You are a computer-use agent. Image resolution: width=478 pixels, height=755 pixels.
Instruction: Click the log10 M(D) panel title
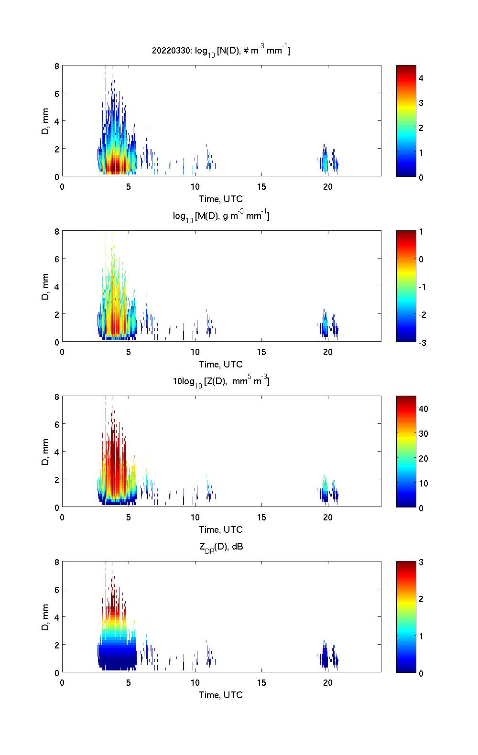221,216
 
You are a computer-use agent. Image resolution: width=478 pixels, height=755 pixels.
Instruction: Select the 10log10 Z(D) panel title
221,381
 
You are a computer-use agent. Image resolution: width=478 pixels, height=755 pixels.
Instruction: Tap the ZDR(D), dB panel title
221,547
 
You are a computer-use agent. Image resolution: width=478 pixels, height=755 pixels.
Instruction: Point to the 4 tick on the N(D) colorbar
421,78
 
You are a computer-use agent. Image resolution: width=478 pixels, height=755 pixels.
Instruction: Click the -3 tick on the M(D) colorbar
421,343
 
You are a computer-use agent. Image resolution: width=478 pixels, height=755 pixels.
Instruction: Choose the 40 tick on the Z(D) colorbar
423,409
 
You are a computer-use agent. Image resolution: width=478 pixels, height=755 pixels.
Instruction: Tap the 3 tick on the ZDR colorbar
421,562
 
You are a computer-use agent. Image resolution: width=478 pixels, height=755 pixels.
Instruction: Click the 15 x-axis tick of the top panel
261,186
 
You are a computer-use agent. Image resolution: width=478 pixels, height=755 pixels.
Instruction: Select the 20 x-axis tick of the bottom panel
328,682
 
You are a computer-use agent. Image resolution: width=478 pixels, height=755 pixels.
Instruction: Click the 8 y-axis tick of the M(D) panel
57,231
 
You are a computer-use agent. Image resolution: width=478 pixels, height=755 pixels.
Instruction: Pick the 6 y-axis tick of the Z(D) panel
57,424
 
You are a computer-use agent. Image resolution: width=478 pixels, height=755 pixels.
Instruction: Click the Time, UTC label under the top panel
221,199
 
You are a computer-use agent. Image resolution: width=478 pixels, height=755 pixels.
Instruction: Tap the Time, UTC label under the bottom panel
221,695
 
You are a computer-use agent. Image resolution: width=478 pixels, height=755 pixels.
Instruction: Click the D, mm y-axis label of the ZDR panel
45,617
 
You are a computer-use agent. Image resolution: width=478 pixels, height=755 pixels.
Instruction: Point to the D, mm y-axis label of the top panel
45,121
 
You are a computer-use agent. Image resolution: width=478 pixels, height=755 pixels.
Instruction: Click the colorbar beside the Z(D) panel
406,451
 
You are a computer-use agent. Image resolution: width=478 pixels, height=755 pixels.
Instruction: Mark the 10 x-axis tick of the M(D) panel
195,352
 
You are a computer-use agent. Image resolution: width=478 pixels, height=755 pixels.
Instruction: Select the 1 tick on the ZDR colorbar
421,636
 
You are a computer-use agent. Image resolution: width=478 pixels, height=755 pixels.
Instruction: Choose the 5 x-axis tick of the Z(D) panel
129,517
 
